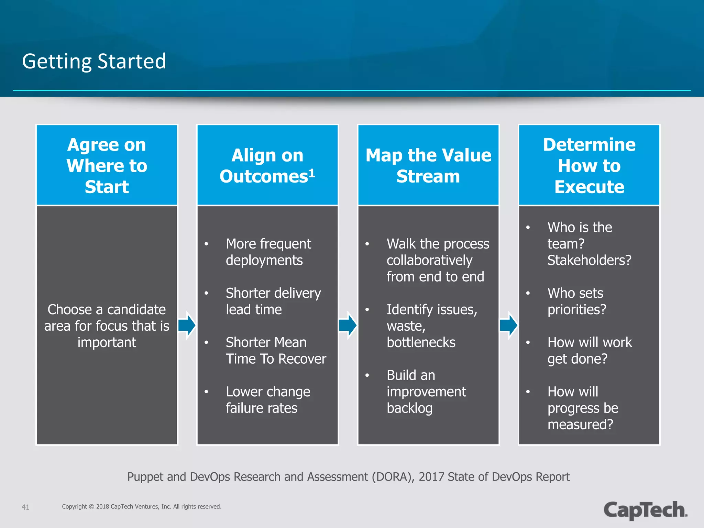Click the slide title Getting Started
pos(94,61)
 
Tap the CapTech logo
pos(645,510)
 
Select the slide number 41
pos(25,507)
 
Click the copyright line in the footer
pos(142,507)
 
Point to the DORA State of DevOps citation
pos(348,477)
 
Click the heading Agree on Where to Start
pos(107,166)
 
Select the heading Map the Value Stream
pos(428,166)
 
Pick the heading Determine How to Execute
pos(589,166)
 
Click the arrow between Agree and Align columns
pos(187,325)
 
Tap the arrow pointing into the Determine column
pos(509,325)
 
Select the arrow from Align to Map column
pos(348,325)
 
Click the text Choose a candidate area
pos(107,326)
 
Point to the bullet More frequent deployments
pos(268,252)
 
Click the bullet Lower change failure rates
pos(268,400)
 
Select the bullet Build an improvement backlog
pos(426,392)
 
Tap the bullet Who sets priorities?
pos(576,301)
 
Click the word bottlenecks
pos(421,342)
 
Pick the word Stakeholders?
pos(589,260)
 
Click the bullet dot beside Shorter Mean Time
pos(206,342)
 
